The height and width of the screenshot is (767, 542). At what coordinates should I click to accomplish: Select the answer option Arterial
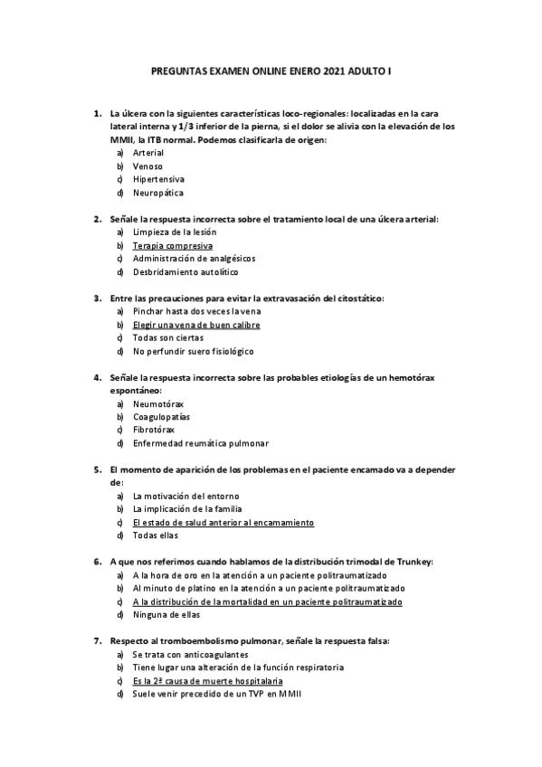point(148,153)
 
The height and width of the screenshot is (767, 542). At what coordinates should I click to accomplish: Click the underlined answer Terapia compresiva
point(172,245)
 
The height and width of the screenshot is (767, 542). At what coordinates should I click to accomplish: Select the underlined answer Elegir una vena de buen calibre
point(196,324)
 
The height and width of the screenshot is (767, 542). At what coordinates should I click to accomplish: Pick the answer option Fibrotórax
point(154,430)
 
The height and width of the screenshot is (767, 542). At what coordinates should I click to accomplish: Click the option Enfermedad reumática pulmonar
point(200,443)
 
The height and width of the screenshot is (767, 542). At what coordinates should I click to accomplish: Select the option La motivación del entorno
point(185,496)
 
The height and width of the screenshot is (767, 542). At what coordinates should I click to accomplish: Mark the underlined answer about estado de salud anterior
point(223,522)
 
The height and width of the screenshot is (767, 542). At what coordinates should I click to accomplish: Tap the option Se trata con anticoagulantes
point(190,654)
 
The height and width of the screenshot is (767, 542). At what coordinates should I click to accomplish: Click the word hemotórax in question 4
point(391,377)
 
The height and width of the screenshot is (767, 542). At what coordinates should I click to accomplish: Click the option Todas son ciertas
point(167,337)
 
